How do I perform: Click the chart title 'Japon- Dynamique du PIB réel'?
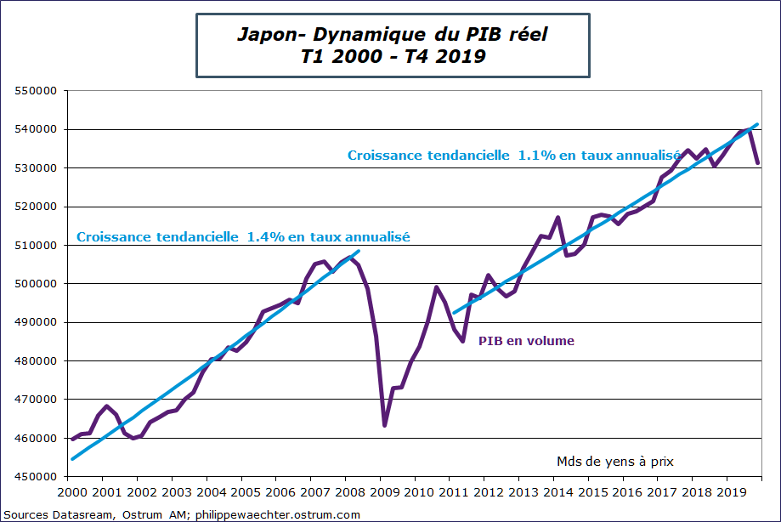(392, 35)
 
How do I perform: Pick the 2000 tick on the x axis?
(71, 492)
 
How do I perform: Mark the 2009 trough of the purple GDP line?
(384, 425)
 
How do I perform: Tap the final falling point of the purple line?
(757, 163)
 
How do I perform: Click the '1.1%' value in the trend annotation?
(534, 156)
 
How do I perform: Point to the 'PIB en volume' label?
(527, 341)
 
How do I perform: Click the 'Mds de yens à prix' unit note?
(615, 461)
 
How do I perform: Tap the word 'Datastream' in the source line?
(83, 515)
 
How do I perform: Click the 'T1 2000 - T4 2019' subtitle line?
(392, 57)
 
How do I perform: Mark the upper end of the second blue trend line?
(757, 124)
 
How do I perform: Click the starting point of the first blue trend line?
(71, 459)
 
